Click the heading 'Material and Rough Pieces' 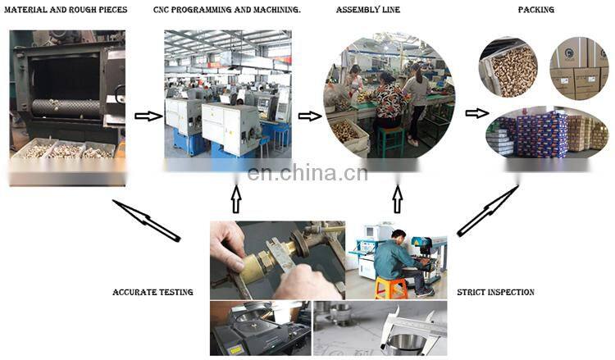point(66,9)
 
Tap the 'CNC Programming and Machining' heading point(226,9)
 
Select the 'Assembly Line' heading point(368,9)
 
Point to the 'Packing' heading point(535,9)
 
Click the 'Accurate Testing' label point(153,292)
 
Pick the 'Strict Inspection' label point(495,292)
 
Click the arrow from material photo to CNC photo point(148,116)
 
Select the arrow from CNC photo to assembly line point(310,116)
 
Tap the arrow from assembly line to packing point(477,113)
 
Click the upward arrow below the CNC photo point(235,199)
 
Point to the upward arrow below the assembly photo point(398,199)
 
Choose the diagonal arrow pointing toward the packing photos point(488,211)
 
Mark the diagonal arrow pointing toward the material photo point(146,221)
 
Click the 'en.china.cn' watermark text point(307,173)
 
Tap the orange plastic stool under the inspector point(390,288)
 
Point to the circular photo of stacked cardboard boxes point(579,68)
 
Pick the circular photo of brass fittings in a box point(508,68)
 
